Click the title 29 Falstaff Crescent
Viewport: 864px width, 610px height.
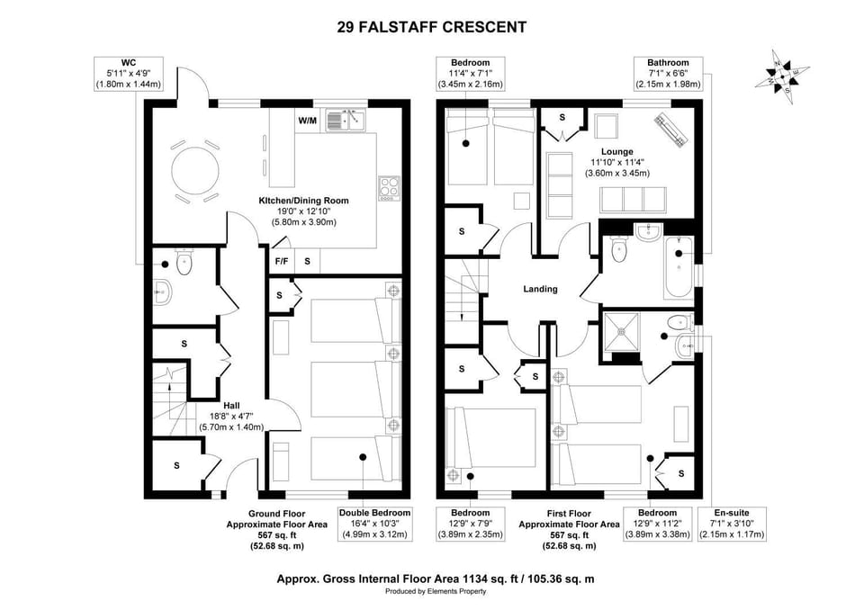[431, 27]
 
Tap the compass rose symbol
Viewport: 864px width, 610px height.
[782, 76]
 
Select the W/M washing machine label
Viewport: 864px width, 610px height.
[308, 121]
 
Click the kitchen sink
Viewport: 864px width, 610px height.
[346, 120]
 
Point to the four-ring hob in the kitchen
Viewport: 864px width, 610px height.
[389, 188]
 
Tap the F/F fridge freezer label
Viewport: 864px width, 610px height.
[281, 261]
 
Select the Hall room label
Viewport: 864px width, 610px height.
[231, 406]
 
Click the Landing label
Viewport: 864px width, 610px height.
[540, 289]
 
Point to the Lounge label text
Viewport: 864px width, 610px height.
[617, 151]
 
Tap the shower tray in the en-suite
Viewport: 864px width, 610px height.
[622, 332]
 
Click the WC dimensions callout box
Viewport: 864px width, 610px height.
[128, 73]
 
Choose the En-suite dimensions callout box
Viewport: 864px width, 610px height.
[732, 524]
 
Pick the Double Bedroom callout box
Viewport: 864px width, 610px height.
[374, 524]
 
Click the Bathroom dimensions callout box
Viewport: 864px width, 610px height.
[668, 73]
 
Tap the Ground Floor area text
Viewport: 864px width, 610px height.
[276, 530]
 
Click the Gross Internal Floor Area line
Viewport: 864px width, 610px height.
[436, 579]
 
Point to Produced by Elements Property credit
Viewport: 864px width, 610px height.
[436, 591]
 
